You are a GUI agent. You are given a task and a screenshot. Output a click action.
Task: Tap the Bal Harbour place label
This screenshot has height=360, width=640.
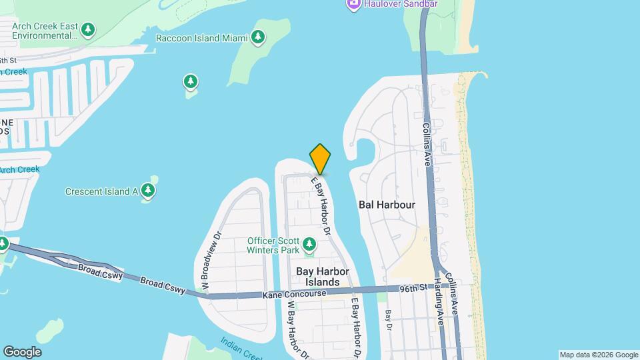[387, 205]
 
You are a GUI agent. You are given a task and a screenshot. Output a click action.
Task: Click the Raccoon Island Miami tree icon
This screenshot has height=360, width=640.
[258, 37]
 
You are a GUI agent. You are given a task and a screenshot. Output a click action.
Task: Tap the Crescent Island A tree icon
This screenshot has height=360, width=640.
[148, 191]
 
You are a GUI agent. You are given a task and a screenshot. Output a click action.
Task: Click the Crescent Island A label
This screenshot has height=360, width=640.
[101, 191]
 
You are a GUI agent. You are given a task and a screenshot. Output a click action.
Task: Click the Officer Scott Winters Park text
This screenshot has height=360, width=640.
[273, 246]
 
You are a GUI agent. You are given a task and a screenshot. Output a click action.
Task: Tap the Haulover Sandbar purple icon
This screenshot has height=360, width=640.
[353, 4]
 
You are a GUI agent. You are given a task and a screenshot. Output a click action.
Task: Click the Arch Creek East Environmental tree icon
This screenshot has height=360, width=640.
[88, 30]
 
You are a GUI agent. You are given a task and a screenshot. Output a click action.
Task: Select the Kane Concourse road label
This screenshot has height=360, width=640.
[295, 294]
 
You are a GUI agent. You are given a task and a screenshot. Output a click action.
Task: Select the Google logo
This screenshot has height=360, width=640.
[22, 352]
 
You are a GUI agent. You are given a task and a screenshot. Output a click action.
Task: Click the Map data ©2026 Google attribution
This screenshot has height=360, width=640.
[599, 355]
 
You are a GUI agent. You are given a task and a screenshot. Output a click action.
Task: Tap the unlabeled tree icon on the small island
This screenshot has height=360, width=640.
[191, 82]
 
